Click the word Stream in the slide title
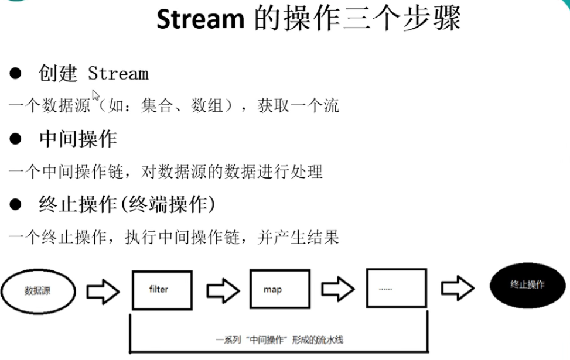click(200, 19)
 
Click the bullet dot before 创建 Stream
click(16, 74)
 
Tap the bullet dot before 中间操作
click(16, 139)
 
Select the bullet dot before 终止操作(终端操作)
click(16, 205)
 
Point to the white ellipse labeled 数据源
click(37, 291)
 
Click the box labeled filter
click(159, 289)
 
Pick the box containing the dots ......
click(396, 287)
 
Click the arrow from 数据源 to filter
click(103, 291)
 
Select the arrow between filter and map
click(223, 290)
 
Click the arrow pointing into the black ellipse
click(458, 287)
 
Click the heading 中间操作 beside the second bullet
click(78, 139)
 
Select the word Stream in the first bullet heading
click(118, 74)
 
